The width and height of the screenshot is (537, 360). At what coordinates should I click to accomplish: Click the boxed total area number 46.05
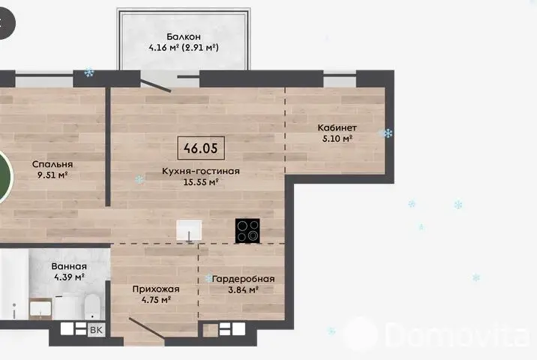click(201, 148)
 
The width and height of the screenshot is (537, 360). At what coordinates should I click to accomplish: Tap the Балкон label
click(184, 36)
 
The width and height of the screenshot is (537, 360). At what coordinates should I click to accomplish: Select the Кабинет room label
click(337, 127)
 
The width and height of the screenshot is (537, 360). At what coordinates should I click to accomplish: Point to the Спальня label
click(52, 164)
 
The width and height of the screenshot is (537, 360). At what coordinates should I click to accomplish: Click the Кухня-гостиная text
click(201, 171)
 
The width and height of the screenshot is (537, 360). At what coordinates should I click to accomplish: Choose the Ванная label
click(69, 266)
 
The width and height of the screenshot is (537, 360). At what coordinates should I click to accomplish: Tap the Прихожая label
click(156, 289)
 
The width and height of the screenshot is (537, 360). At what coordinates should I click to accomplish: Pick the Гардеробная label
click(243, 279)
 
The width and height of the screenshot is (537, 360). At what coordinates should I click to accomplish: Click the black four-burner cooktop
click(247, 231)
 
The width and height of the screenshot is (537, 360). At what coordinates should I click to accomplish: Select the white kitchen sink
click(189, 229)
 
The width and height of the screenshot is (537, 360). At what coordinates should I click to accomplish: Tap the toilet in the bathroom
click(91, 306)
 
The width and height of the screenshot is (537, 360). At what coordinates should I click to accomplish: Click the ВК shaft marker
click(96, 330)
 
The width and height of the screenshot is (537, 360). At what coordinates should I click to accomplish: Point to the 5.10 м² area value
click(337, 139)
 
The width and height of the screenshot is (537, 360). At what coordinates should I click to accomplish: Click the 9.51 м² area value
click(52, 175)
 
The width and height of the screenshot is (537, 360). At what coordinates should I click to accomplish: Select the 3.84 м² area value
click(243, 289)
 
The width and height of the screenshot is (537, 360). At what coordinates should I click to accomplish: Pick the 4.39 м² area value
click(69, 277)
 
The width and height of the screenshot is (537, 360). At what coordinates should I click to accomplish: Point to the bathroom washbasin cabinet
click(40, 308)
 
